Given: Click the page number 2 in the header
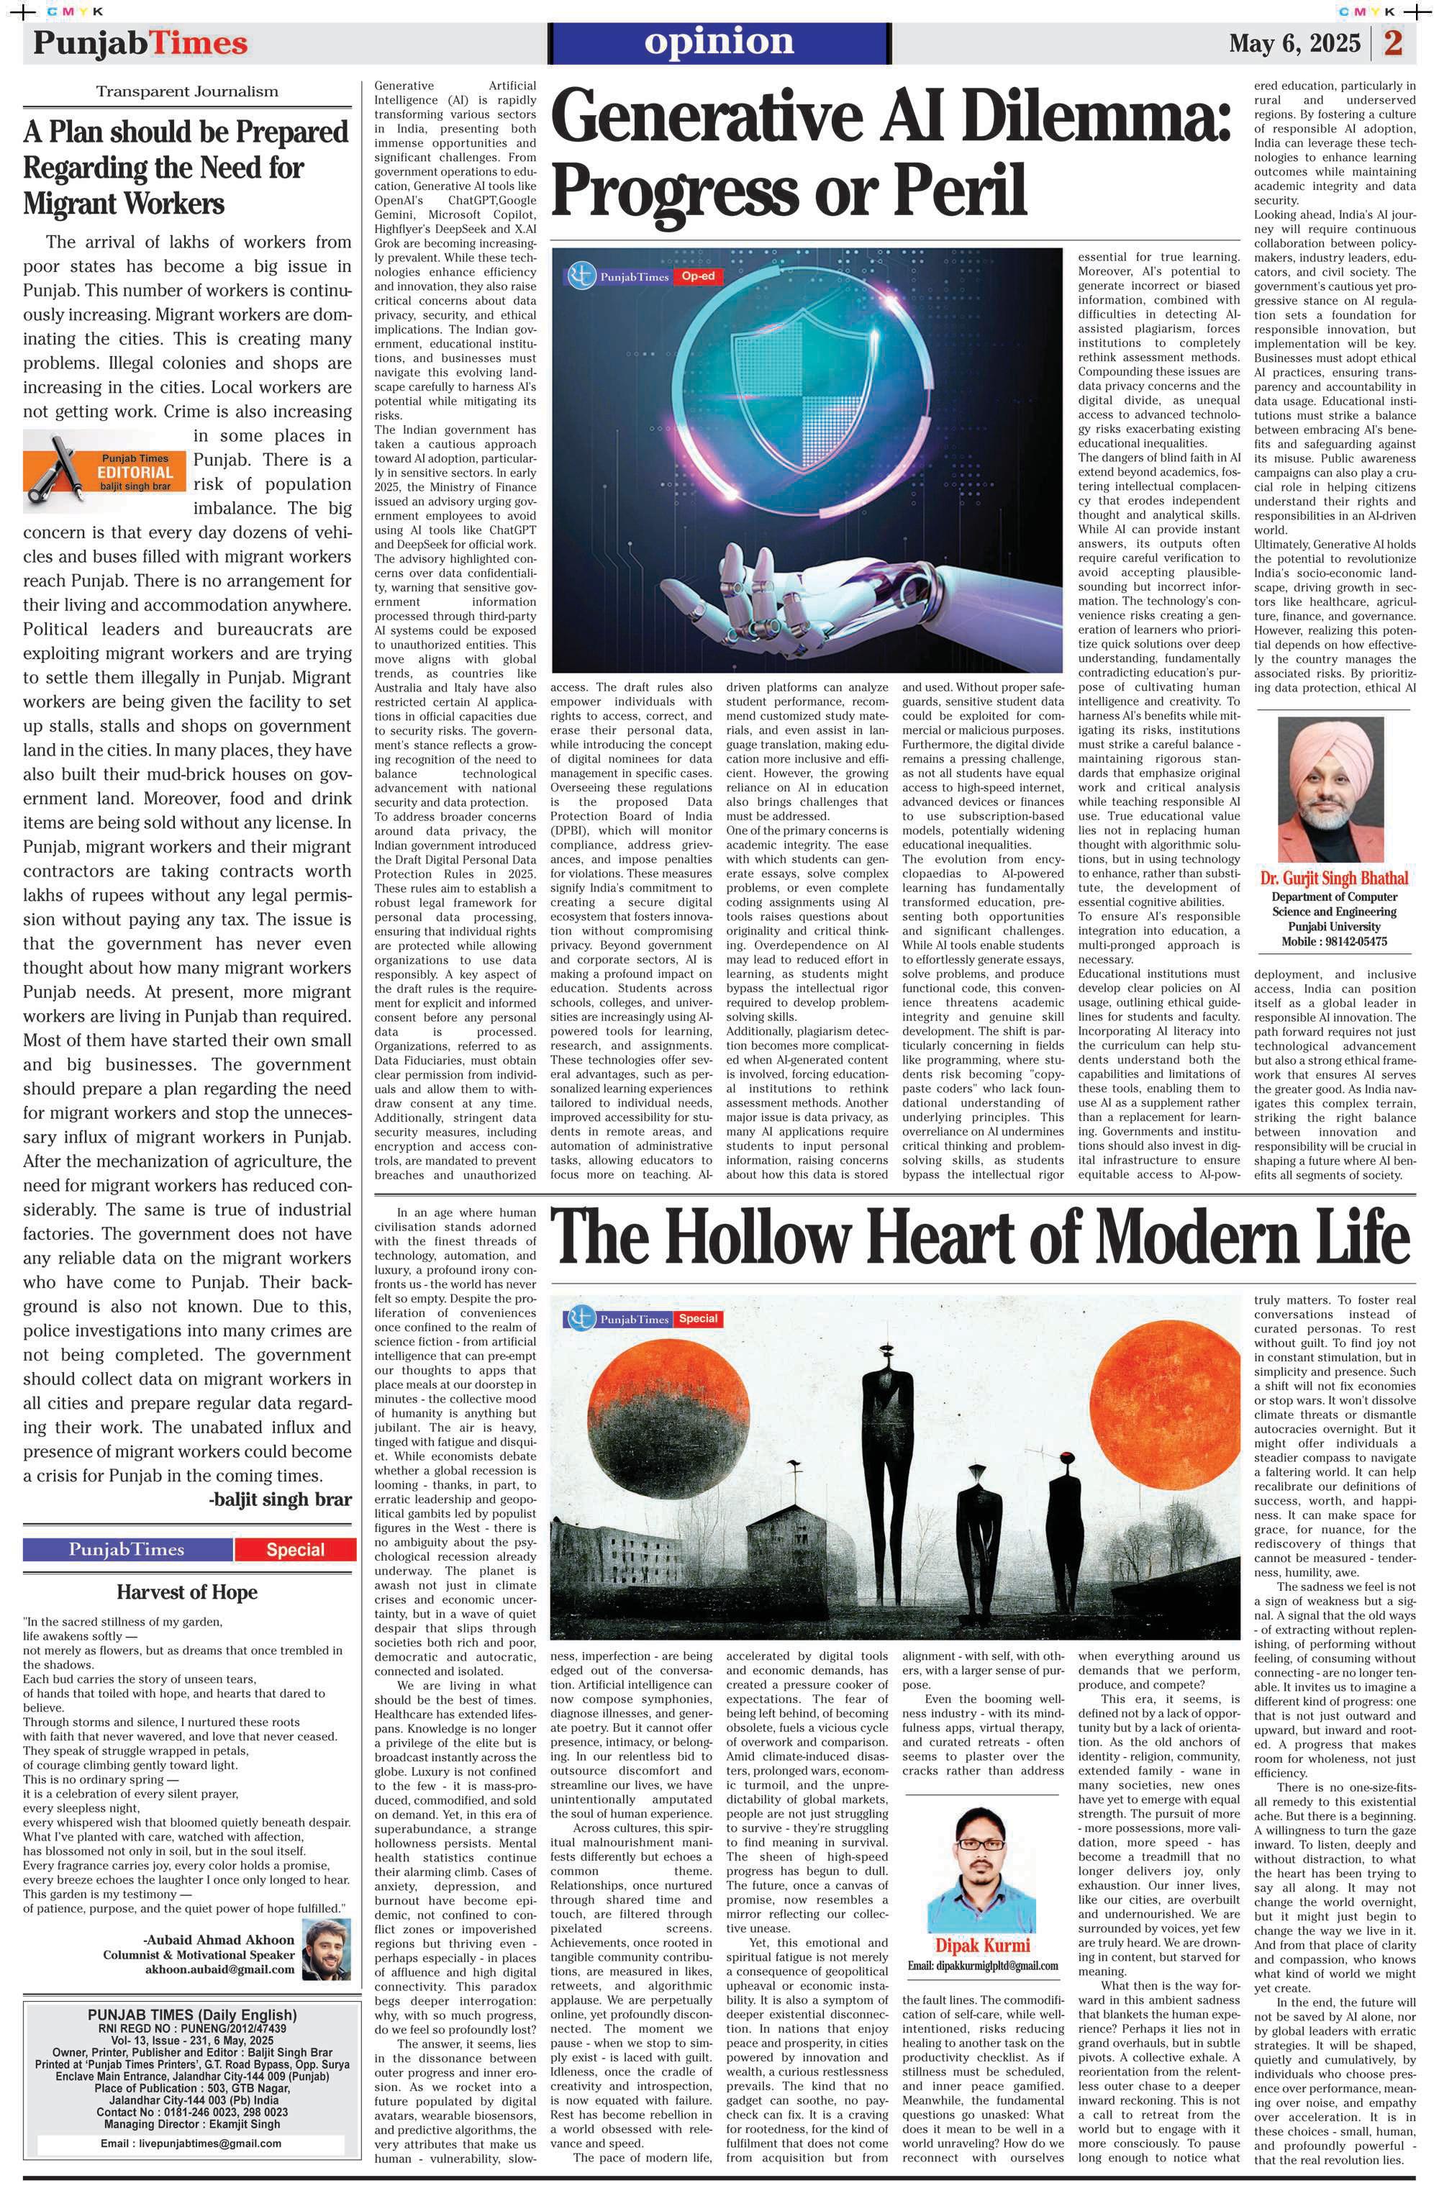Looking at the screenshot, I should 1393,43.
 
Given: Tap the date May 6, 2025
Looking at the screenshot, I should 1294,43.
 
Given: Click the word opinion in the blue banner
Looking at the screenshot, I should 719,42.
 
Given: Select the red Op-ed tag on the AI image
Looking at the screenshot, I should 697,276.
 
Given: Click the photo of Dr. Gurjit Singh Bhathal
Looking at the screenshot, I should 1333,790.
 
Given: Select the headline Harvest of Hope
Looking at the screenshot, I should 187,1592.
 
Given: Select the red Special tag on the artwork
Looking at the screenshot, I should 697,1318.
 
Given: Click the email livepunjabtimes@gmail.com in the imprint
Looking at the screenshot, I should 191,2143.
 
